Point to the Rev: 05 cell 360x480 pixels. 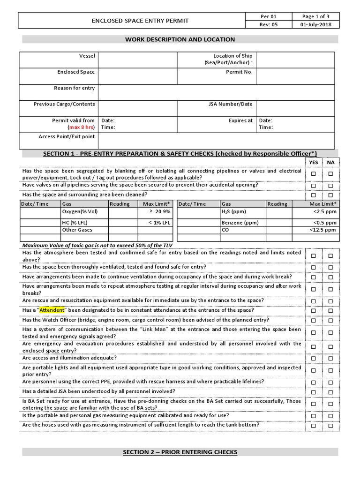(269, 25)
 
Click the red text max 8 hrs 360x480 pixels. (82, 127)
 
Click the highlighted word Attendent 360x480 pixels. (52, 310)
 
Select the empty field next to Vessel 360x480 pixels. (137, 60)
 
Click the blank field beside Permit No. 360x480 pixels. (295, 76)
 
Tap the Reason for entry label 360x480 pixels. (74, 88)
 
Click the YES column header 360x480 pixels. (314, 162)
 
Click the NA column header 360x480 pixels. (330, 162)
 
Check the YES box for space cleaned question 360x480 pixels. (314, 195)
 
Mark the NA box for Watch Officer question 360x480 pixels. (330, 321)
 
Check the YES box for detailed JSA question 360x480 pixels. (314, 392)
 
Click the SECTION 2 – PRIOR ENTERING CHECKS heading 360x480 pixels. (180, 452)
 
